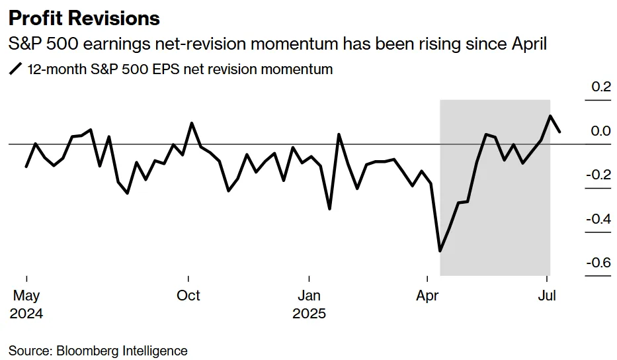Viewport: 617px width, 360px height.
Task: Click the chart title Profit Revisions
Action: click(84, 18)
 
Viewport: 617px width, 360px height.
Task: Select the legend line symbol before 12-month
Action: click(16, 69)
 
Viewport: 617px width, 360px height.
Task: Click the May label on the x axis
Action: click(26, 295)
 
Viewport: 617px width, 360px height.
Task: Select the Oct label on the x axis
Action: click(188, 295)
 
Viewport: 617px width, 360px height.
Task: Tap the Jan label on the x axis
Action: click(309, 295)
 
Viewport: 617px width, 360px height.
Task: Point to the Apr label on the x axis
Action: click(429, 295)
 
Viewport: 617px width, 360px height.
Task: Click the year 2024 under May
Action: click(26, 313)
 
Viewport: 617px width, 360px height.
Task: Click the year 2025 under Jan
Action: click(309, 313)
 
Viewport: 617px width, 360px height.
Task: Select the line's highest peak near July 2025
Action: click(550, 116)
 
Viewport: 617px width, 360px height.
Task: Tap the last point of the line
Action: click(560, 132)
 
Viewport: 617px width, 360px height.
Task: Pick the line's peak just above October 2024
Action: click(192, 123)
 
